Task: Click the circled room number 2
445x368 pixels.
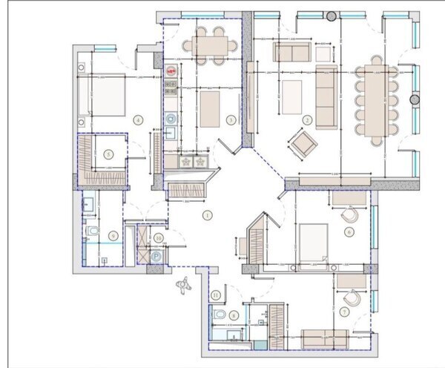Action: pos(306,119)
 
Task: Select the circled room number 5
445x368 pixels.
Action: pos(109,154)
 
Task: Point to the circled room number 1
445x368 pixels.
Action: pos(208,216)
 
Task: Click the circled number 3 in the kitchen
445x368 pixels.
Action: pos(231,119)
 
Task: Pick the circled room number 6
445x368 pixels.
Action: pos(349,231)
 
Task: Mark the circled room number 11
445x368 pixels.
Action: pos(216,295)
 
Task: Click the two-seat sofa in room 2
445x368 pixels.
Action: pos(291,52)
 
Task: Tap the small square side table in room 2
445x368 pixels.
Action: pos(323,53)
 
